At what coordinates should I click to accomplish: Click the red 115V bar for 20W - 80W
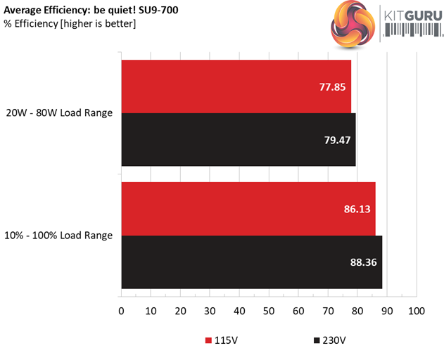236,86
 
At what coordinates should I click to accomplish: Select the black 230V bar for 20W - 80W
238,139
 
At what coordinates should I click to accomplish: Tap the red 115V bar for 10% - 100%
248,209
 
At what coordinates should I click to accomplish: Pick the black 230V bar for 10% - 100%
251,262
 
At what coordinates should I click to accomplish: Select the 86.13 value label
355,209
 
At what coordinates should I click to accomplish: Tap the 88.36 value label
362,262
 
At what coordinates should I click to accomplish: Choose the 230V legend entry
329,341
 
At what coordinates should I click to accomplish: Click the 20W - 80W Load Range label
59,112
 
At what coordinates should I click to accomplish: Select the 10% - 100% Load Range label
59,236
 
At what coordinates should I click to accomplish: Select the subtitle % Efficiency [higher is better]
70,24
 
